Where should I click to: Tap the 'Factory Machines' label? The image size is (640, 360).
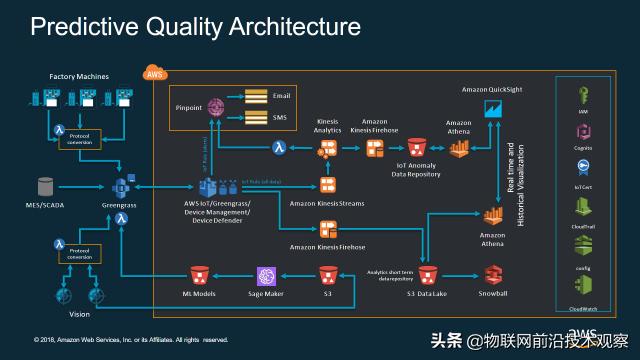pos(81,76)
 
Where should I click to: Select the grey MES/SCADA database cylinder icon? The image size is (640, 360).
pos(45,186)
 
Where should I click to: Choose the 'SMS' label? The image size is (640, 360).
pos(280,117)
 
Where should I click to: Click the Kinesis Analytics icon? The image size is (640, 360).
pos(327,148)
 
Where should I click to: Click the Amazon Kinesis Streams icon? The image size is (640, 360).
pos(327,185)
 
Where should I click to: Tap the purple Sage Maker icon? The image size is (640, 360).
pos(267,276)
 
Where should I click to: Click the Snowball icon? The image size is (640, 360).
pos(492,275)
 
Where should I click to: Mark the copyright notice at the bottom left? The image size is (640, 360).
pos(130,339)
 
